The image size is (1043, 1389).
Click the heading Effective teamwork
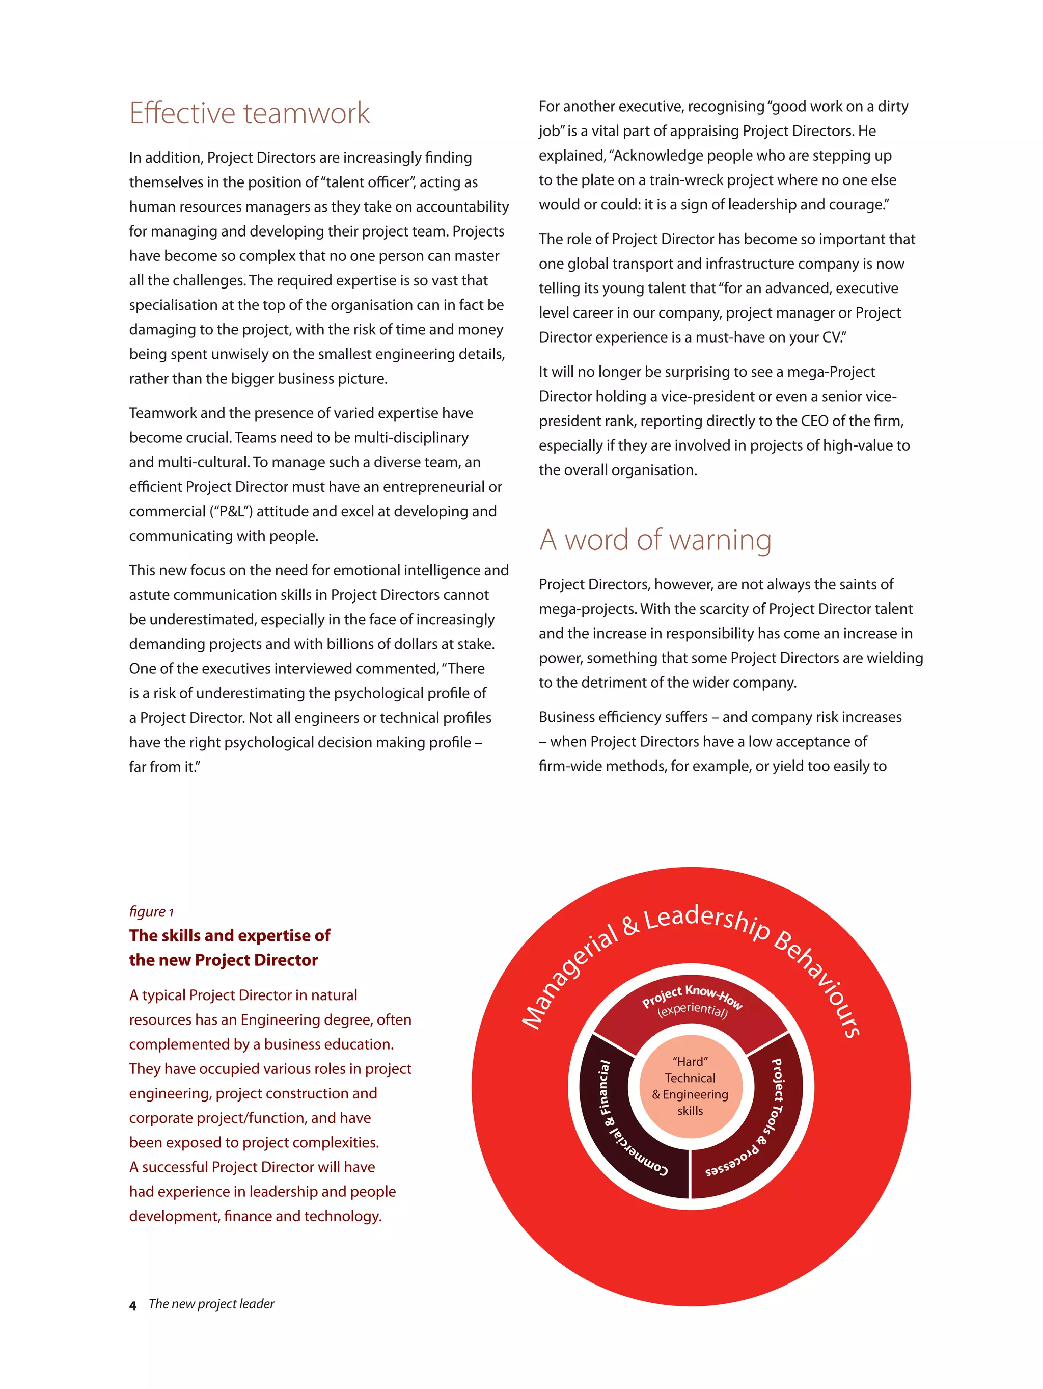click(x=249, y=114)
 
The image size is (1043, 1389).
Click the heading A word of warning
click(x=654, y=540)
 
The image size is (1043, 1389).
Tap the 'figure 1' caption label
click(x=151, y=911)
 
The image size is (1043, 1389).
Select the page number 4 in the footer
click(x=132, y=1305)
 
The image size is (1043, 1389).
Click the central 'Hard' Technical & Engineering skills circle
click(x=690, y=1086)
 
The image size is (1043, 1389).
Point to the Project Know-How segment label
click(x=692, y=993)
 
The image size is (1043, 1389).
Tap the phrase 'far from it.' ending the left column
click(x=164, y=767)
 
